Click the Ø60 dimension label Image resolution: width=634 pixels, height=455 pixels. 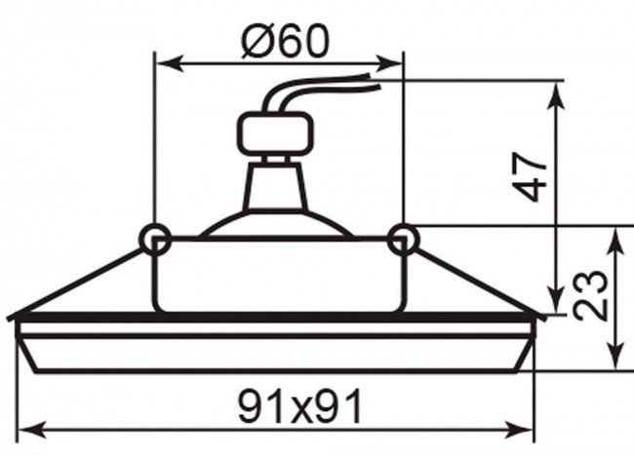(x=286, y=40)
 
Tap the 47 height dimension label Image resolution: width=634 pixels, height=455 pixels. (x=529, y=176)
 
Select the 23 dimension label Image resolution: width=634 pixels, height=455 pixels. (x=591, y=295)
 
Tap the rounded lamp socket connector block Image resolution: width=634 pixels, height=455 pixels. (x=275, y=133)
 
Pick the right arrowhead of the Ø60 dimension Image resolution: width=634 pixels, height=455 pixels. (x=388, y=63)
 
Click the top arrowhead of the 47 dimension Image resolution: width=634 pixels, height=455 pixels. (x=558, y=95)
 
